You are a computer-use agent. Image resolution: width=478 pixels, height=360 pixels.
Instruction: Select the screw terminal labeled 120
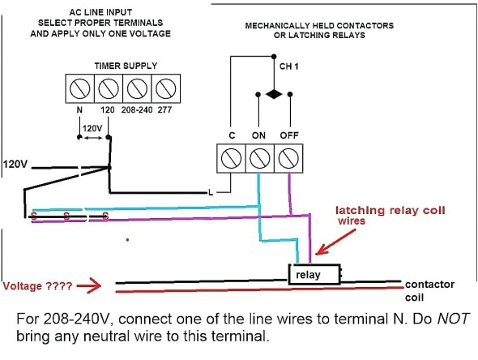point(108,87)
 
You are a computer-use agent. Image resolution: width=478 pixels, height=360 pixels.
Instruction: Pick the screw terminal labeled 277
point(164,87)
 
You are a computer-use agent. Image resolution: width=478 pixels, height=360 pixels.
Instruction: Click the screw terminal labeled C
point(231,157)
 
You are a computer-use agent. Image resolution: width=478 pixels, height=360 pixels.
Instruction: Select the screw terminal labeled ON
point(259,157)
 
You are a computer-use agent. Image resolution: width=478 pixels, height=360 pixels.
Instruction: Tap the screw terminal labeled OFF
point(288,157)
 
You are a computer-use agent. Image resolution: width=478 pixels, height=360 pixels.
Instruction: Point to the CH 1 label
point(288,66)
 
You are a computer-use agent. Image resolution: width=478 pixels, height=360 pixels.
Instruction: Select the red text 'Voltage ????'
point(36,286)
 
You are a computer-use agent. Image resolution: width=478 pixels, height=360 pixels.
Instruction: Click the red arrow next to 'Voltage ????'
point(89,286)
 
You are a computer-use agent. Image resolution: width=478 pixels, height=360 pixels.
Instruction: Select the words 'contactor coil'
point(429,290)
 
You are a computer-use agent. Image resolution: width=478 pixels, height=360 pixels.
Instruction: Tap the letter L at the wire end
point(211,192)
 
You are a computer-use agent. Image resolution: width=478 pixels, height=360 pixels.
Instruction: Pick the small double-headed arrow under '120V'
point(92,139)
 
